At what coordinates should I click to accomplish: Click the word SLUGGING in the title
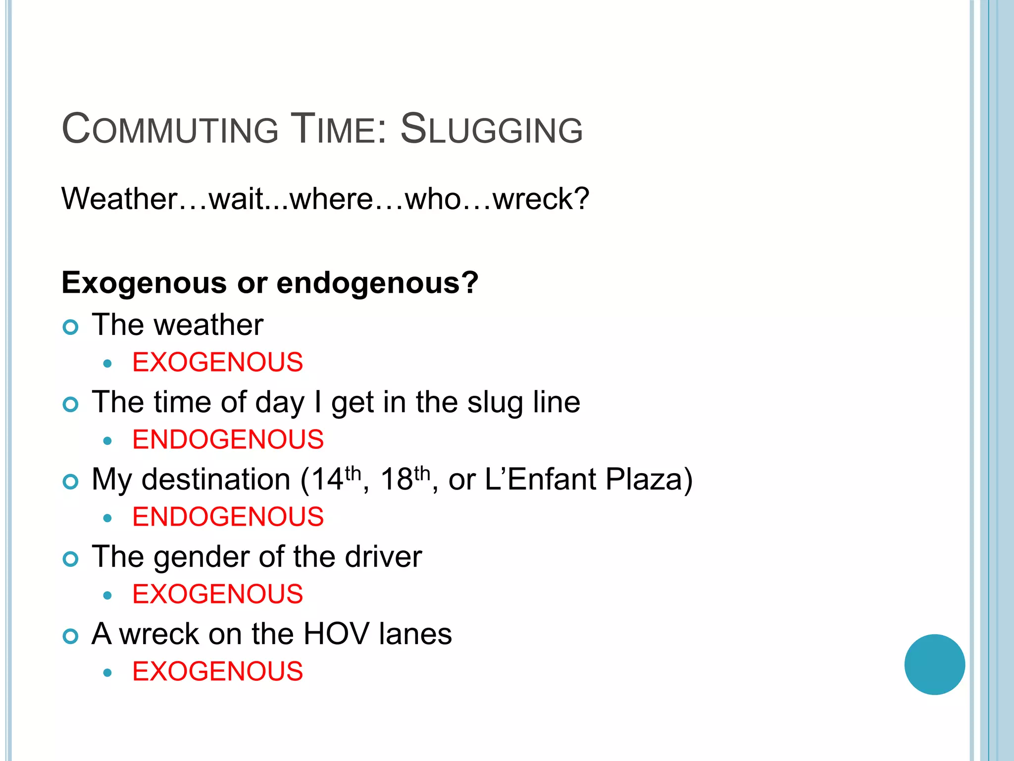(491, 130)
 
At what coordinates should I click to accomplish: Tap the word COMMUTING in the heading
(170, 130)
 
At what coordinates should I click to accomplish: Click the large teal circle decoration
(934, 664)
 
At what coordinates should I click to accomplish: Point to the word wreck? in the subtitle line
(541, 199)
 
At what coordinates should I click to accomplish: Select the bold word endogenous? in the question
(377, 283)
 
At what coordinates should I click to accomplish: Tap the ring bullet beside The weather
(71, 327)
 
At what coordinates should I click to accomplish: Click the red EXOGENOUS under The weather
(217, 362)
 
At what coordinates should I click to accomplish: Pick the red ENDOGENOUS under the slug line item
(228, 439)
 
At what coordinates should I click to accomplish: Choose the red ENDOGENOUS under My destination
(228, 517)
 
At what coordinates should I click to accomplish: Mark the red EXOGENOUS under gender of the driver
(217, 594)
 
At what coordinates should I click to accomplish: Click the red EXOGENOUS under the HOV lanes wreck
(217, 671)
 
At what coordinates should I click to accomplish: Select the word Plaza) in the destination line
(649, 480)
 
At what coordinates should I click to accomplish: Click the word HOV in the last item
(336, 634)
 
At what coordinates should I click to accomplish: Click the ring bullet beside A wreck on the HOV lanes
(71, 636)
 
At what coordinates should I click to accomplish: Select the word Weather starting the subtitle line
(119, 199)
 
